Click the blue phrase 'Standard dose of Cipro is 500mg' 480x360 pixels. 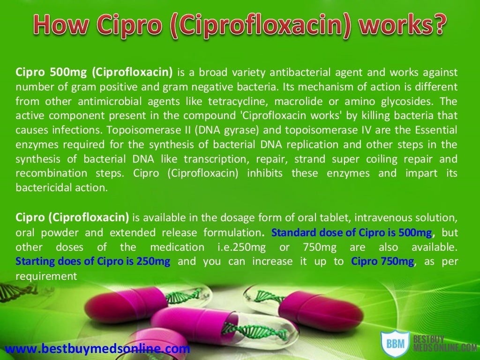pos(352,232)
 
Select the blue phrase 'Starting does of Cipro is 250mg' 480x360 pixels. pos(93,262)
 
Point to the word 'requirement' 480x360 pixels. pos(46,276)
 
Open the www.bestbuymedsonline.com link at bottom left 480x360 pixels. pos(97,349)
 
